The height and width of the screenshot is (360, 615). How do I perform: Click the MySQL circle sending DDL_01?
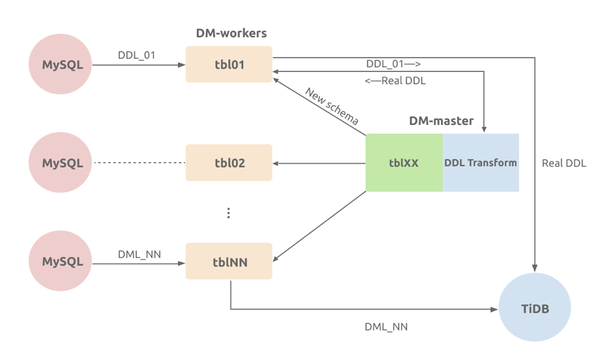pos(62,65)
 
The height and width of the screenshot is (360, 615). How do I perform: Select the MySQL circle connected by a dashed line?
pos(62,162)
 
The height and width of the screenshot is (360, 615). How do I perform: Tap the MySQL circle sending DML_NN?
pos(62,261)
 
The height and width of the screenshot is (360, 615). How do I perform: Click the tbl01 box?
pos(228,65)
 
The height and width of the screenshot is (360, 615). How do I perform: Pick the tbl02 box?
pos(228,162)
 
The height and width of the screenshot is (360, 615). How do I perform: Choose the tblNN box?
pos(228,261)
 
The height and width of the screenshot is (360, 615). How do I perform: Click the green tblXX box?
pos(404,163)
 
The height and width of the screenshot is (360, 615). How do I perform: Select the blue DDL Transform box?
pos(481,163)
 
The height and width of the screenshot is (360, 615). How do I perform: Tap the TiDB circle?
pos(535,308)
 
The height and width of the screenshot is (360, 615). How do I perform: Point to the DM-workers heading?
pos(231,33)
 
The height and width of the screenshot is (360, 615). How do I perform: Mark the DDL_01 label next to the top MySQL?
pos(137,55)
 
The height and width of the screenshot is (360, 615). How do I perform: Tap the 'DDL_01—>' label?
pos(393,63)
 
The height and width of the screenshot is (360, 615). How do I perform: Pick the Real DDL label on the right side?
pos(564,163)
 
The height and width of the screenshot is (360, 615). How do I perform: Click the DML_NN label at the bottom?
pos(386,325)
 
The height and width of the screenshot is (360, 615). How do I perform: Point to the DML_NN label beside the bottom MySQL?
pos(139,253)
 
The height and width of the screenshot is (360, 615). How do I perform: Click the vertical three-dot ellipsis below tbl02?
pos(228,213)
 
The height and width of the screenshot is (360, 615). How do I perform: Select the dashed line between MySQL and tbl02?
pos(139,162)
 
